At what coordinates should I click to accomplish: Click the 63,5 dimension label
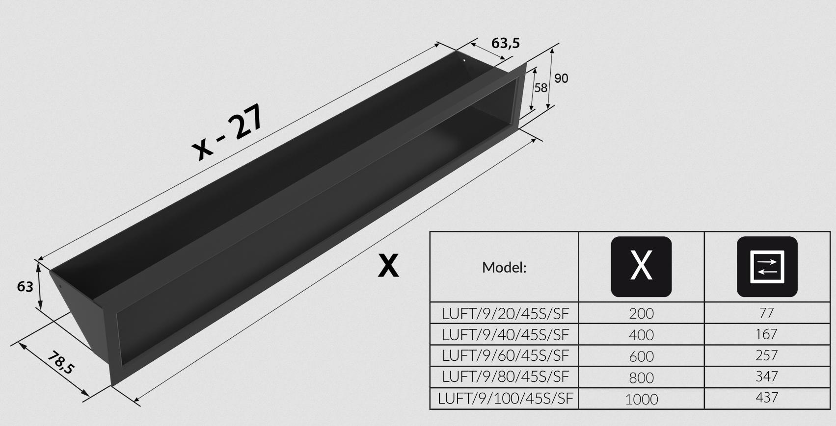click(505, 43)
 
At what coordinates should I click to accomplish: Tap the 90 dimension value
click(561, 78)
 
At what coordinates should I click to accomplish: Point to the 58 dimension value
click(541, 88)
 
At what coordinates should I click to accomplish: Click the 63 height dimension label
click(25, 287)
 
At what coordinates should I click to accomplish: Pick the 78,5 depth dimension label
click(61, 363)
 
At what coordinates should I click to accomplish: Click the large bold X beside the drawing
click(388, 265)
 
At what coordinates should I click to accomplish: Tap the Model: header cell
click(504, 267)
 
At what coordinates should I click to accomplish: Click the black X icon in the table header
click(641, 267)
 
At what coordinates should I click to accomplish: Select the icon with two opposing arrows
click(767, 267)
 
